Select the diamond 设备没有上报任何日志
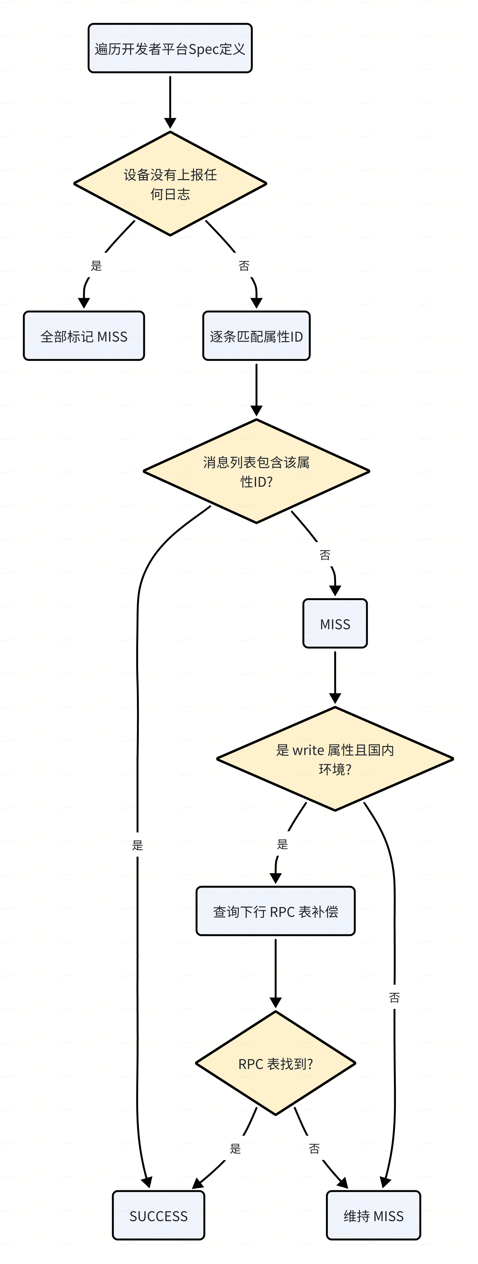pyautogui.click(x=170, y=183)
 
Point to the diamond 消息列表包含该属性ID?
pyautogui.click(x=256, y=471)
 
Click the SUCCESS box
pyautogui.click(x=158, y=1215)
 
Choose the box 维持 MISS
pyautogui.click(x=374, y=1215)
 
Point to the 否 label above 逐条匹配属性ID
pyautogui.click(x=244, y=265)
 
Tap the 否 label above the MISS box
pyautogui.click(x=325, y=555)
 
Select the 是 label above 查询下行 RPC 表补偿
pyautogui.click(x=282, y=843)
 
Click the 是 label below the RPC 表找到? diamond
pyautogui.click(x=235, y=1148)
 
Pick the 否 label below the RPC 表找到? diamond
pyautogui.click(x=314, y=1148)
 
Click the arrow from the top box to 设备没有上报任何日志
pyautogui.click(x=170, y=102)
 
